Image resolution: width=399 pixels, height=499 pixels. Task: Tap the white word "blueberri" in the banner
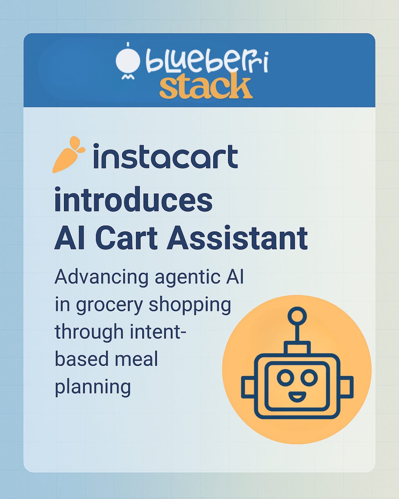pyautogui.click(x=207, y=61)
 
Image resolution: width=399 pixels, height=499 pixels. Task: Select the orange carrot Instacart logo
pyautogui.click(x=68, y=155)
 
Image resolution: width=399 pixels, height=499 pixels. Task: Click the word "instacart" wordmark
pyautogui.click(x=165, y=157)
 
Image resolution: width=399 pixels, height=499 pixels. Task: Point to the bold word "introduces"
pyautogui.click(x=133, y=200)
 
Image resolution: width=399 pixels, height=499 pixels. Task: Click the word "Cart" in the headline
pyautogui.click(x=126, y=238)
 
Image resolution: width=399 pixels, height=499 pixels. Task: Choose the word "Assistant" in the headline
pyautogui.click(x=237, y=238)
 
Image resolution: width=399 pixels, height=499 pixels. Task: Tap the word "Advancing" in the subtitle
pyautogui.click(x=102, y=277)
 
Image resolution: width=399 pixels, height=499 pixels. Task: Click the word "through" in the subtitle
pyautogui.click(x=89, y=332)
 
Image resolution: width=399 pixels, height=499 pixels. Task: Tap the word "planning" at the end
pyautogui.click(x=93, y=387)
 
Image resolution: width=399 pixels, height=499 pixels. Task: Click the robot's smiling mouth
pyautogui.click(x=297, y=397)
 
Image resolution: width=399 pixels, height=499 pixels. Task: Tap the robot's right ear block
pyautogui.click(x=347, y=387)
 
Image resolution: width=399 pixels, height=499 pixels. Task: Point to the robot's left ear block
pyautogui.click(x=248, y=387)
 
